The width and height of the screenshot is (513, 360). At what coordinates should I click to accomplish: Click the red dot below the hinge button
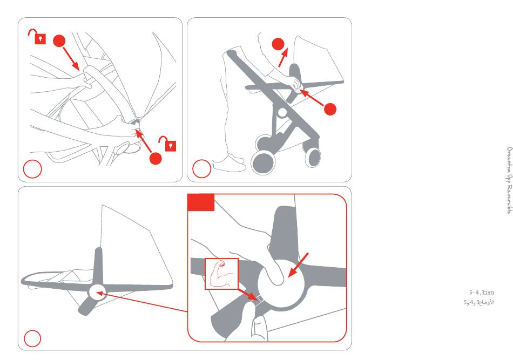click(156, 158)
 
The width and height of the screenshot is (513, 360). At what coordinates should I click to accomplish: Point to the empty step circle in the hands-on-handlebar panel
click(32, 169)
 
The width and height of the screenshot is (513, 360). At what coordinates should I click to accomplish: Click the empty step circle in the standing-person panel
click(201, 169)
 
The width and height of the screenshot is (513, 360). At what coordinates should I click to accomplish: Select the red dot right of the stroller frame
click(330, 110)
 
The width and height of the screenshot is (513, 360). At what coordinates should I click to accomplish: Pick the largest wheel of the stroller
click(263, 161)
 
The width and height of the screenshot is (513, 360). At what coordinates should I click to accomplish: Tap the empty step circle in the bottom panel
click(32, 338)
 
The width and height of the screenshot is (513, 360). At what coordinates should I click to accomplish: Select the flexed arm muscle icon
click(221, 274)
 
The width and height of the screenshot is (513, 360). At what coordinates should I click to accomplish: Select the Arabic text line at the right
click(478, 302)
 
